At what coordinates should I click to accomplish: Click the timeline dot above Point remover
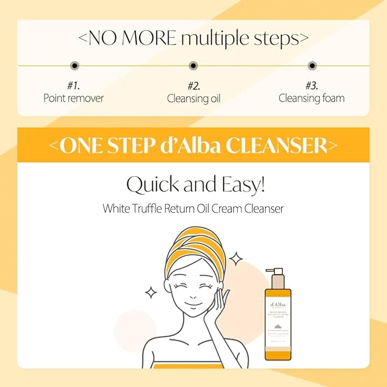[x=74, y=66]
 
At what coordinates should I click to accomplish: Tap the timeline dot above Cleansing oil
[x=193, y=66]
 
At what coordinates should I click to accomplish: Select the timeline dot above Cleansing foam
[x=312, y=66]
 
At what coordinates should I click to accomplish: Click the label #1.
[x=74, y=86]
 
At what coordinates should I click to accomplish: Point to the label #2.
[x=193, y=86]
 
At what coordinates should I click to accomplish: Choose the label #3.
[x=312, y=86]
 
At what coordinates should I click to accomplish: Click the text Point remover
[x=74, y=98]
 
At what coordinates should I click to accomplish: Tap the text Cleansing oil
[x=193, y=98]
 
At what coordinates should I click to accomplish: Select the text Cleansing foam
[x=312, y=98]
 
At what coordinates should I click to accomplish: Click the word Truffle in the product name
[x=154, y=209]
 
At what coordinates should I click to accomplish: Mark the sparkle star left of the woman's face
[x=151, y=292]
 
